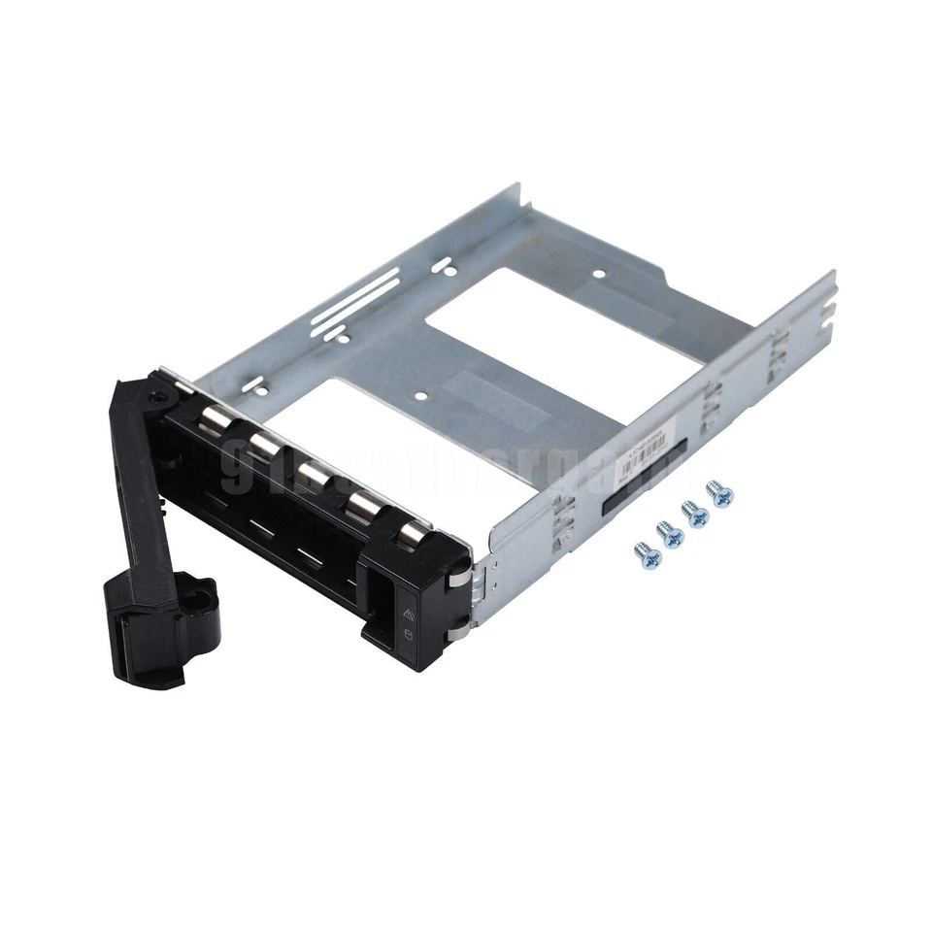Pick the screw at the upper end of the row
(x=719, y=493)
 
